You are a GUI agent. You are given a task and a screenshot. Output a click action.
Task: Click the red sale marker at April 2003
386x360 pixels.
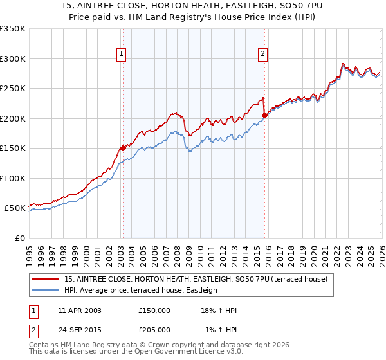(x=123, y=147)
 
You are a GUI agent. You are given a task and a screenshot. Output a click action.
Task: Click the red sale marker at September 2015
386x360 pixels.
(x=264, y=115)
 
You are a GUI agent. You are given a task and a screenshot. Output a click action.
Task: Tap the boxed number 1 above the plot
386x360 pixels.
(x=122, y=55)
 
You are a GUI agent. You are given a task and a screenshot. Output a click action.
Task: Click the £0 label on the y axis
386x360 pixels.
(x=19, y=238)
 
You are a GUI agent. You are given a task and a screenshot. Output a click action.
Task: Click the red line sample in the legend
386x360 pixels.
(x=46, y=279)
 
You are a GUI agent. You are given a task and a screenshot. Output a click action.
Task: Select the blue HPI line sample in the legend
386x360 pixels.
(x=46, y=290)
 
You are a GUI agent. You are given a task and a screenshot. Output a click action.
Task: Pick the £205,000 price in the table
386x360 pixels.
(x=154, y=330)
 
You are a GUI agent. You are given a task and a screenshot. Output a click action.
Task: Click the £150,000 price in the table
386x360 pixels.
(x=154, y=310)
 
